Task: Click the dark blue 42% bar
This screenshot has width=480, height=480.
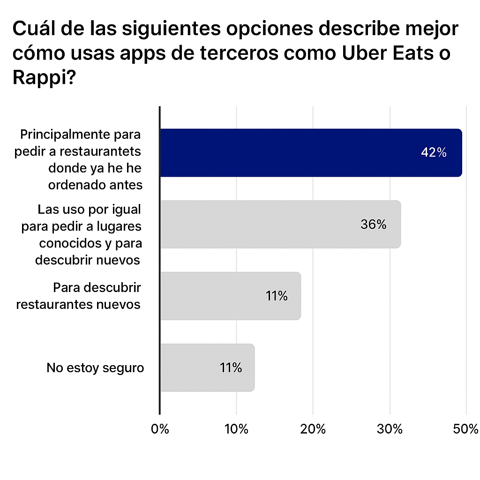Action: (x=309, y=153)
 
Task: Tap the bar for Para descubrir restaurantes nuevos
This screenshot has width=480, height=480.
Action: (x=230, y=296)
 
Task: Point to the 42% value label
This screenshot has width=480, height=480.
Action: (x=434, y=153)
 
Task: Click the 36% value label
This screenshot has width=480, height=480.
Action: (x=374, y=225)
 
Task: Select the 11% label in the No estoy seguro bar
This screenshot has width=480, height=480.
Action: (x=231, y=368)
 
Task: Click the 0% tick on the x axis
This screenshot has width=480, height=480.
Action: (x=160, y=429)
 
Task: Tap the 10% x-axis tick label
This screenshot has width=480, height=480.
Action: (x=237, y=429)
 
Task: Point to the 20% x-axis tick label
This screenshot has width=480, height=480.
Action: (x=314, y=429)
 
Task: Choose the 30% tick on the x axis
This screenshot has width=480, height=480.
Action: (x=390, y=429)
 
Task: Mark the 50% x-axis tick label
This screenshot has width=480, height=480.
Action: (x=466, y=429)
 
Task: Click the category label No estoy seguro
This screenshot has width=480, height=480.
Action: (x=95, y=368)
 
